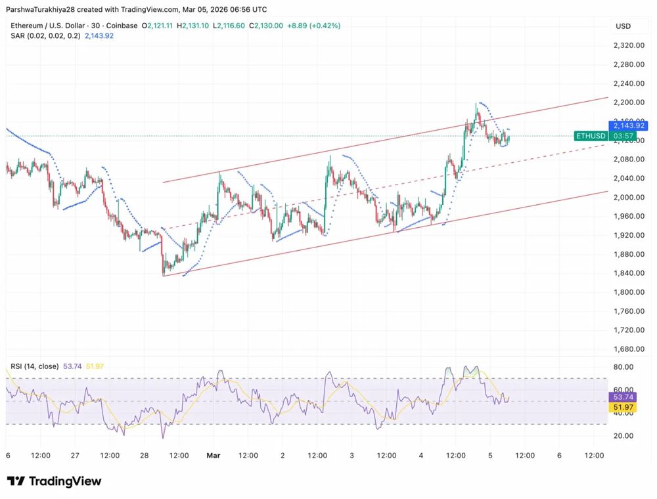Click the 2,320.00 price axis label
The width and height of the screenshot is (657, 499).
point(627,45)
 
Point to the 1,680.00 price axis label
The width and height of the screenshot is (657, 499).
point(627,349)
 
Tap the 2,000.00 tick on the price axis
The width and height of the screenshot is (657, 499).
point(627,197)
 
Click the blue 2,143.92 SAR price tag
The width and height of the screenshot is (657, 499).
point(629,125)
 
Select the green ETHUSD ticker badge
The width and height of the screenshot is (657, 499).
point(590,136)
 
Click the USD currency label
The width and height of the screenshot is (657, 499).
point(623,26)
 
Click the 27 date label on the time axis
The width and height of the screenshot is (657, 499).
point(75,454)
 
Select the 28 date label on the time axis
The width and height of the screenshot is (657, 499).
point(145,454)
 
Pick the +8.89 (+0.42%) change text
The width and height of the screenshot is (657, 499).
point(313,26)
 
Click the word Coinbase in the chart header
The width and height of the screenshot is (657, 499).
point(122,26)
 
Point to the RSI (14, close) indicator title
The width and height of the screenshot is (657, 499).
point(34,366)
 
